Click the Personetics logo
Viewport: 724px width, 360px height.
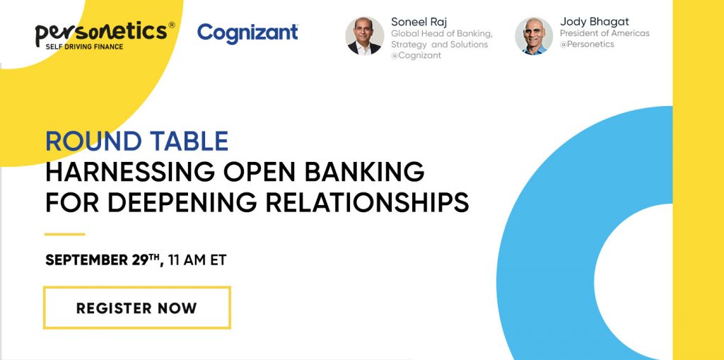pos(105,35)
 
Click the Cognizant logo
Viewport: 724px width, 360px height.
pos(247,33)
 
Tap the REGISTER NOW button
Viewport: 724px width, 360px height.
pos(137,308)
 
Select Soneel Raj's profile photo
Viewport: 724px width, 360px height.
pos(365,36)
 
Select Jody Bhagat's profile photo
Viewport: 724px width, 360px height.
pos(534,36)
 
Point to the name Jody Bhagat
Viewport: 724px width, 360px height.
pos(594,21)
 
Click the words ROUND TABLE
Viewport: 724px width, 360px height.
pos(137,141)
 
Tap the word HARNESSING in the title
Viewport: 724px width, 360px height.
pos(130,173)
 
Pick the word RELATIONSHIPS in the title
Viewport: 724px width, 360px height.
pos(367,202)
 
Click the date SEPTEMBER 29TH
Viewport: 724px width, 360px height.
pos(105,260)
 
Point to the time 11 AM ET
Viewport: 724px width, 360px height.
pos(197,260)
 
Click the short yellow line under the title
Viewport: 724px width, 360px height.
pos(64,234)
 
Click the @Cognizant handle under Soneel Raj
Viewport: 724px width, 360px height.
pos(416,55)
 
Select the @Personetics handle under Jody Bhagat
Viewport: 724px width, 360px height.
pos(587,45)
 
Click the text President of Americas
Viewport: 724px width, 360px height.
pos(605,33)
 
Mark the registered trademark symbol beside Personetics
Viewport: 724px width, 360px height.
pos(171,25)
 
